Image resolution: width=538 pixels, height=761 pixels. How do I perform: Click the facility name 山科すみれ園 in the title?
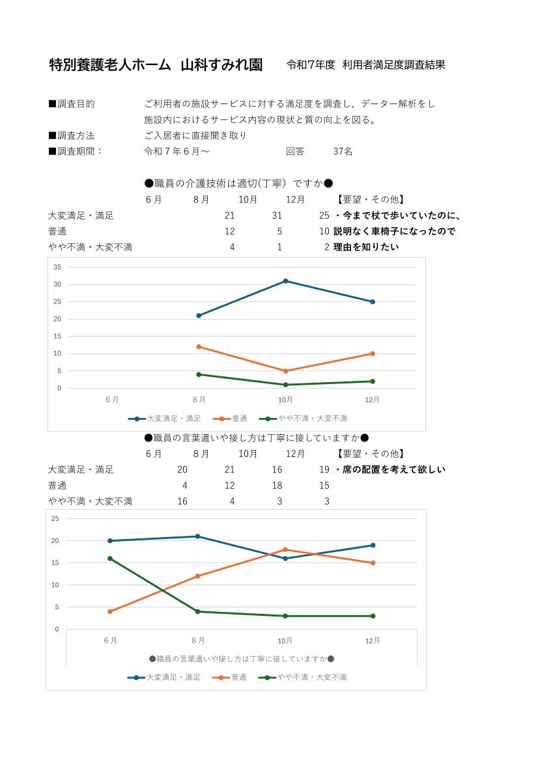221,65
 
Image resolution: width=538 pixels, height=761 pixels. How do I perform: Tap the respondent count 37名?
343,151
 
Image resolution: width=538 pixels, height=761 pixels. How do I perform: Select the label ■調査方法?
72,135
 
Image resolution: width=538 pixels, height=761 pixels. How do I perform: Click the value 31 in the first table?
277,215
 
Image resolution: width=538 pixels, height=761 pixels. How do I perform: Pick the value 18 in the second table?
277,485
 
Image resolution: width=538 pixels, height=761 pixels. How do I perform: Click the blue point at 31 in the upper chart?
285,281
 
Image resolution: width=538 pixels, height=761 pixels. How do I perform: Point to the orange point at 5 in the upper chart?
285,371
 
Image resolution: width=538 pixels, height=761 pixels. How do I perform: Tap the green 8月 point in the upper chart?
199,374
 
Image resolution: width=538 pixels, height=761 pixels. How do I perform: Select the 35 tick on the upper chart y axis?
57,267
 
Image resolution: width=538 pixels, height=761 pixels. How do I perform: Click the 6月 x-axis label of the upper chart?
112,400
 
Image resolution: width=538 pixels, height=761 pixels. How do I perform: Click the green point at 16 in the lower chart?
110,559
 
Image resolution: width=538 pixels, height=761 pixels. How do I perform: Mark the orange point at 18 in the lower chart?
285,549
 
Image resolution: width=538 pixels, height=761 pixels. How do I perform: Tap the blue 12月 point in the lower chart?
373,545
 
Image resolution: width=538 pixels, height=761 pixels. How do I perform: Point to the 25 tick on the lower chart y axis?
55,518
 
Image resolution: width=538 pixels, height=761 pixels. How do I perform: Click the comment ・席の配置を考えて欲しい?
390,469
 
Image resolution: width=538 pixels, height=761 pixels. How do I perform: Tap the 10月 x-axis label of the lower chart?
285,641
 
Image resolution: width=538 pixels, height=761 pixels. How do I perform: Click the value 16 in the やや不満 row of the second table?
182,501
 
